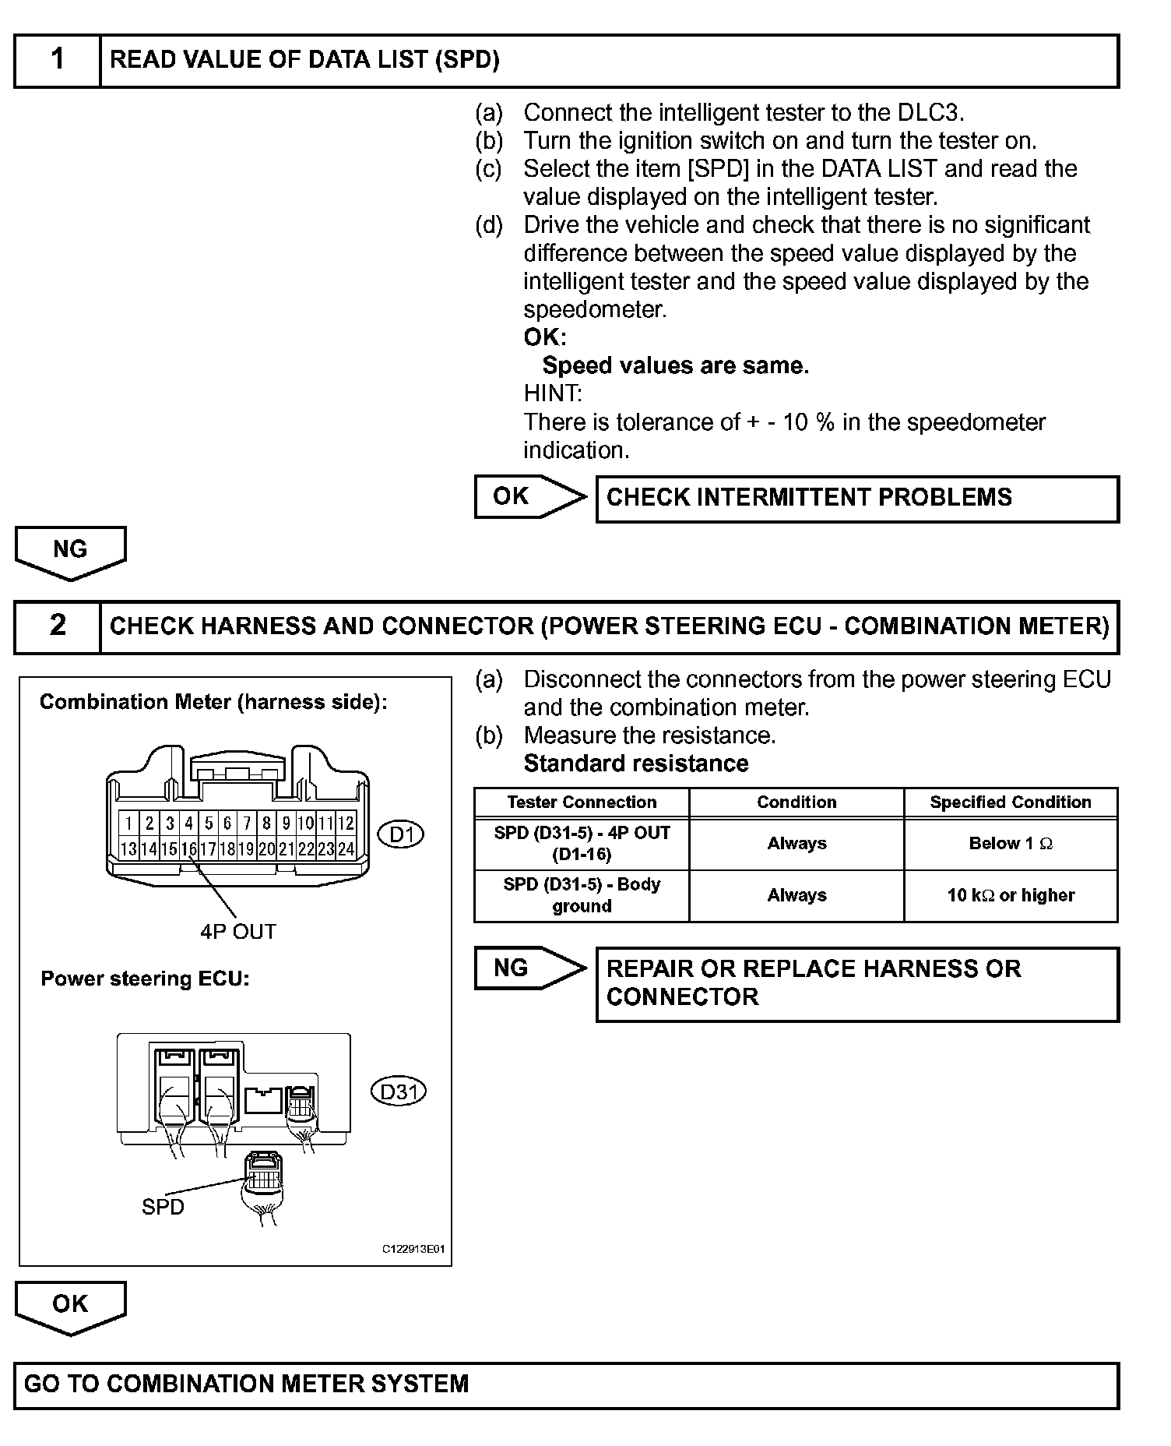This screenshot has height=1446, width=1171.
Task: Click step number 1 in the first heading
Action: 58,59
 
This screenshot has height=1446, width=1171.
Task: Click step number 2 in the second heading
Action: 58,626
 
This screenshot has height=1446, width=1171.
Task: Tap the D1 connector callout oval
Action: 401,835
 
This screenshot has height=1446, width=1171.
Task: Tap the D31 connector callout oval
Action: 399,1092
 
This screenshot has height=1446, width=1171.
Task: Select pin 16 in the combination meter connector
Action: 188,849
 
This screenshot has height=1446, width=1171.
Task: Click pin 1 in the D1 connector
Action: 128,824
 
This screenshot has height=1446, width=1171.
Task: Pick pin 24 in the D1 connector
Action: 346,849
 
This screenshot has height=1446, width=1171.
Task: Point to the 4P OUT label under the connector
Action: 238,932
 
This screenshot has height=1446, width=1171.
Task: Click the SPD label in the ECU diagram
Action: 163,1207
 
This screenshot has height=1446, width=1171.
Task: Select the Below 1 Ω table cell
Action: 1010,844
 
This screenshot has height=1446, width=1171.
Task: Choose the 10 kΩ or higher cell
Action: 1010,896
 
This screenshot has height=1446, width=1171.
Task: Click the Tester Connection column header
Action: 582,802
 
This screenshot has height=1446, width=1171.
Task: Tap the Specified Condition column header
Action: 1010,802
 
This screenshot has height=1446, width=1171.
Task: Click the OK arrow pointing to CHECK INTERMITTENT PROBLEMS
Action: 529,496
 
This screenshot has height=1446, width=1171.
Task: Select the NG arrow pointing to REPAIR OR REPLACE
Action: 529,968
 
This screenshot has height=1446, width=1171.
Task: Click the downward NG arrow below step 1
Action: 70,552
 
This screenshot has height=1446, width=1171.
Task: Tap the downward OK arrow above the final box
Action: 70,1306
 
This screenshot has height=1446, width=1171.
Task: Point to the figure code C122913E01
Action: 413,1249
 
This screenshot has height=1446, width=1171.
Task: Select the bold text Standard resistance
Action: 636,764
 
